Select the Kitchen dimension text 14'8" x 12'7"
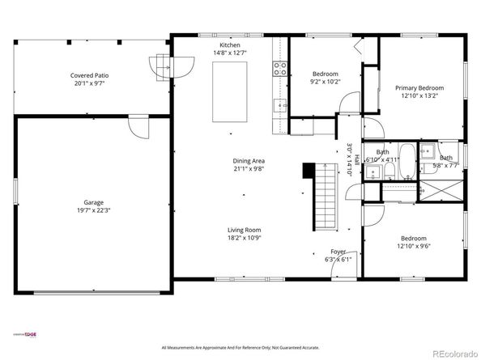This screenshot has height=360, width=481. coord(230,53)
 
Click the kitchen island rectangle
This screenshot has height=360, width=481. coord(230,90)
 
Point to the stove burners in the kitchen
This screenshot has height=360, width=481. coord(280,69)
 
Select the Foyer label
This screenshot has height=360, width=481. coord(338,252)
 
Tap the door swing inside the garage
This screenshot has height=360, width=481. coord(138,127)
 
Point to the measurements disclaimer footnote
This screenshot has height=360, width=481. coord(241,347)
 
